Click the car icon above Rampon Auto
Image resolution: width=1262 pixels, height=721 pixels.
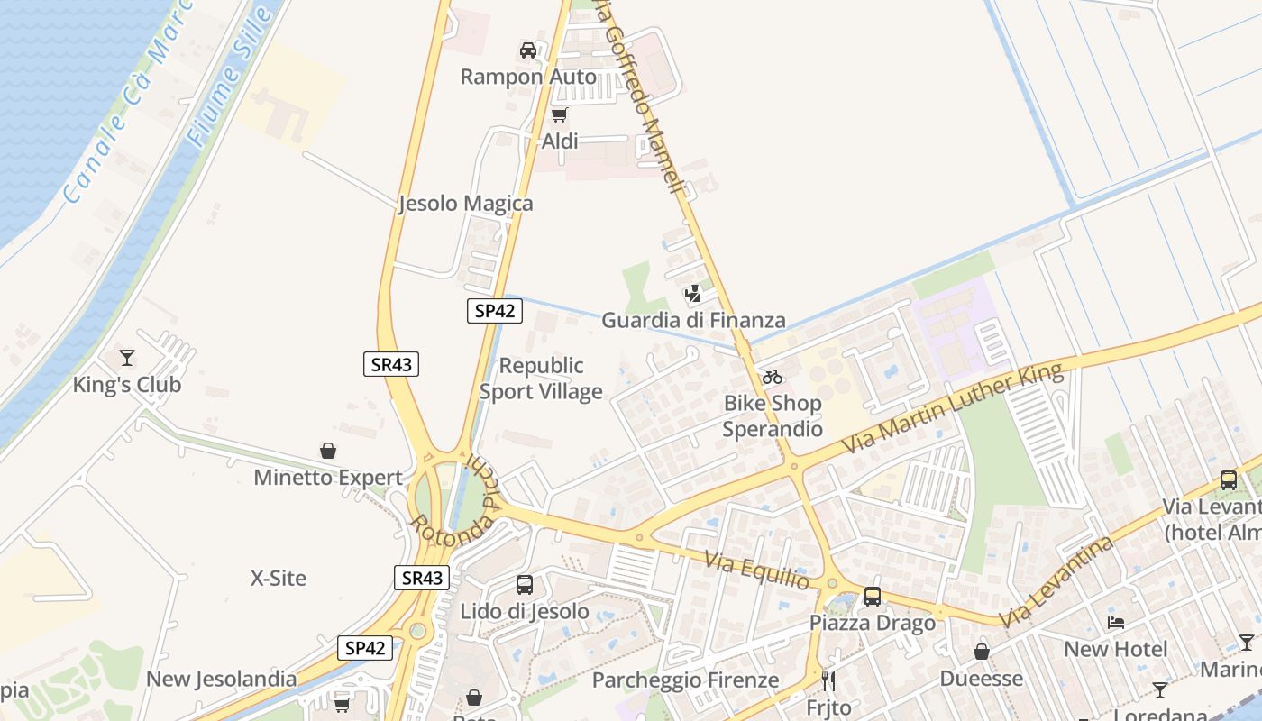tap(528, 50)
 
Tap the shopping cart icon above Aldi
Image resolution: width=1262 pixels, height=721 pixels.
tap(559, 114)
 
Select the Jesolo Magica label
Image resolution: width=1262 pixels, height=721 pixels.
tap(466, 204)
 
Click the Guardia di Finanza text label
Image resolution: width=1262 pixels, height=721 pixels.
tap(693, 320)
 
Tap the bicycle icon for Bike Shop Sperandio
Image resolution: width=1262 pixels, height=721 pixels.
tap(773, 377)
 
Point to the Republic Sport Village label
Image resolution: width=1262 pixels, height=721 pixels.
tap(541, 379)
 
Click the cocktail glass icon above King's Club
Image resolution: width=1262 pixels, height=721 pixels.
tap(127, 358)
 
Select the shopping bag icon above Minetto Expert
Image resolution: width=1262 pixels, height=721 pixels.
tap(328, 451)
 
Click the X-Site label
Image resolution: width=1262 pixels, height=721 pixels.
tap(279, 578)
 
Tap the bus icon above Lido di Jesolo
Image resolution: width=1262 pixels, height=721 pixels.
tap(525, 585)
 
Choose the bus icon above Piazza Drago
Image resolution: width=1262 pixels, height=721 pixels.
tap(872, 596)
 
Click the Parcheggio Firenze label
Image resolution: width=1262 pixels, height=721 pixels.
tap(685, 680)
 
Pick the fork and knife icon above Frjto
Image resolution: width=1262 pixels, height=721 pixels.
tap(828, 680)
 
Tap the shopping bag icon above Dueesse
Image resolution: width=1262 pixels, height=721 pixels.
tap(982, 651)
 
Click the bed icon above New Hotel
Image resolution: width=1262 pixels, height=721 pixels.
tap(1116, 623)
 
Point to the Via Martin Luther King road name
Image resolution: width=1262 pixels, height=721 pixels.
tap(953, 409)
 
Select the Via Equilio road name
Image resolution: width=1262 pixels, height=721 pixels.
tap(757, 572)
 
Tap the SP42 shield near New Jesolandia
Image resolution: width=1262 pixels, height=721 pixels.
tap(366, 648)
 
